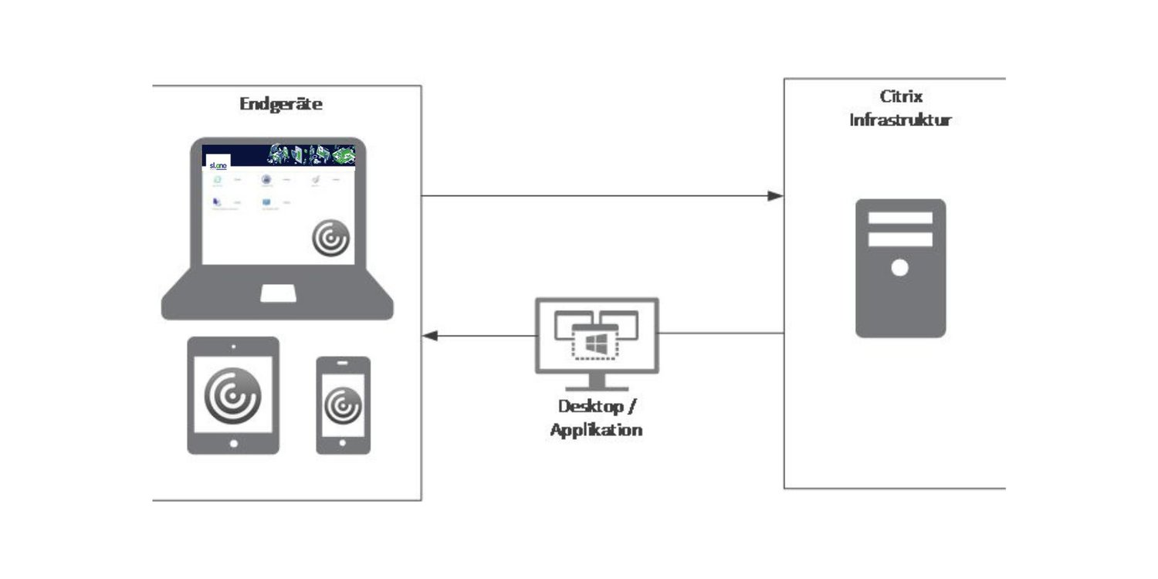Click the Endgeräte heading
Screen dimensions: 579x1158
coord(281,104)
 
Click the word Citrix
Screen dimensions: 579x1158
coord(901,97)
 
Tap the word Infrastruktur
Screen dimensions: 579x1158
coord(900,120)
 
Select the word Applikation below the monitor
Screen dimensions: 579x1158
coord(596,430)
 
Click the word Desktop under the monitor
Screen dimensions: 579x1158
coord(589,407)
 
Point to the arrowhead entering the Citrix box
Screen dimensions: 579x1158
coord(776,196)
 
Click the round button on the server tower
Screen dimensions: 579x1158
coord(899,268)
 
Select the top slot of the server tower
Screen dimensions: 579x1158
coord(900,218)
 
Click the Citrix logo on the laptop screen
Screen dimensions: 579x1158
coord(330,238)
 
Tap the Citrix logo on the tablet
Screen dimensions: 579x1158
coord(232,394)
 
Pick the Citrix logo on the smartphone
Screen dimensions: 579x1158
coord(343,405)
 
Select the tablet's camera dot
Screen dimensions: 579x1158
coord(233,347)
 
